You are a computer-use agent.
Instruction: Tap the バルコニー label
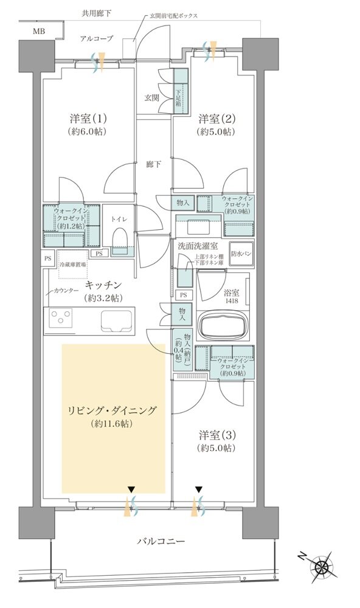pyautogui.click(x=160, y=541)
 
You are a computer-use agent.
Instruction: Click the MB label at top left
pyautogui.click(x=38, y=30)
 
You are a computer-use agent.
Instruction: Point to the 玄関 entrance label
pyautogui.click(x=152, y=97)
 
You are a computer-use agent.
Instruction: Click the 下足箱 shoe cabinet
pyautogui.click(x=180, y=92)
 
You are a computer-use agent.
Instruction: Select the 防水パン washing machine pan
pyautogui.click(x=241, y=254)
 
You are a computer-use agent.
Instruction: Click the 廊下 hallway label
pyautogui.click(x=154, y=164)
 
